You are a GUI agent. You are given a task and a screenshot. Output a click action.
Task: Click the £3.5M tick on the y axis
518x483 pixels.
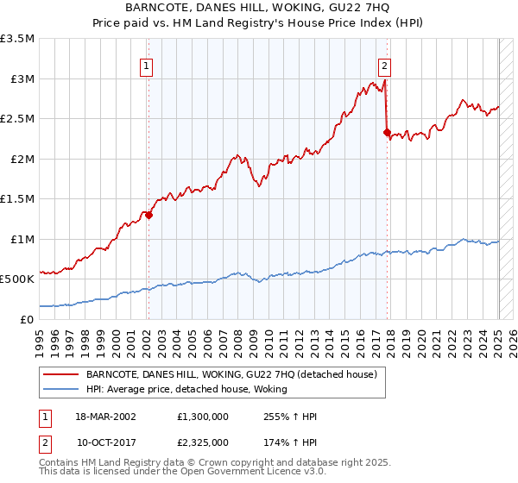(18, 39)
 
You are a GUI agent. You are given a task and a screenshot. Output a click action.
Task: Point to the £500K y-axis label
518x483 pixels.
(18, 279)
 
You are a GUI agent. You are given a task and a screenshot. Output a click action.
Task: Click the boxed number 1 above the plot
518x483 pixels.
(147, 66)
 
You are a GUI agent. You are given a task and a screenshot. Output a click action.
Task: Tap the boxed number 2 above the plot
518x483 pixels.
(384, 66)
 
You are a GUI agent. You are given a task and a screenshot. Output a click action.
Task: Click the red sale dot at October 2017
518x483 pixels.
(387, 133)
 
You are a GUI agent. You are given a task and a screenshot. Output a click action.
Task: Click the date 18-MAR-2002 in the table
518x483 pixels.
(110, 416)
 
